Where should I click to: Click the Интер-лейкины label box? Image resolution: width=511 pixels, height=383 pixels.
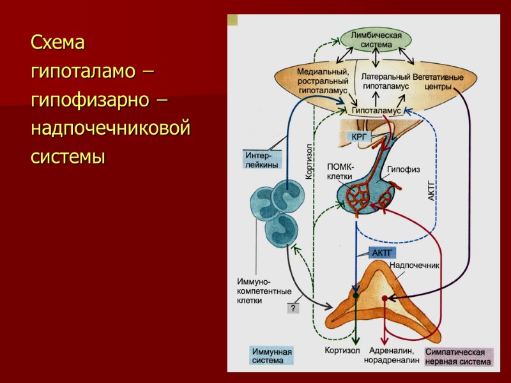click(x=257, y=159)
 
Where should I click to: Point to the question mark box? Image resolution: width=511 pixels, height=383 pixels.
click(x=293, y=308)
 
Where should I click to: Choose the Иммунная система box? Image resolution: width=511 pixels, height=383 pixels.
click(x=271, y=356)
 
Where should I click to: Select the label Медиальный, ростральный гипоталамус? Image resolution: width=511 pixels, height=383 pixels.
click(x=323, y=81)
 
